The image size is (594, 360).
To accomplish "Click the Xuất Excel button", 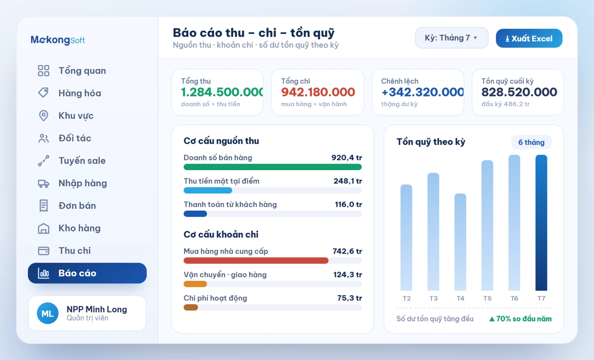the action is coord(529,38).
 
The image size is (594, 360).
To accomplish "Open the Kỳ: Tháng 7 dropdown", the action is coord(451,38).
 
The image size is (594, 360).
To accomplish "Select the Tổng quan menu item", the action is coord(72,71).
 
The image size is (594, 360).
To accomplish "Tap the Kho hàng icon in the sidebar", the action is coord(44,228).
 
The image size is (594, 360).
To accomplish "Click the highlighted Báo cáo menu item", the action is coord(87,273).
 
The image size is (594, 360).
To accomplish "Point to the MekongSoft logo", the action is coord(58,40).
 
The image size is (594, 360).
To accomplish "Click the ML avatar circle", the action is coord(48,313).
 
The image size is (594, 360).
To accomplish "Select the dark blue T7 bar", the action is coord(541,223).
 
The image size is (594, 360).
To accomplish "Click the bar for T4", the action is coord(460,242).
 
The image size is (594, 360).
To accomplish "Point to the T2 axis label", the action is coord(407,298).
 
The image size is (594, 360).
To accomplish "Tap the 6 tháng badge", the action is coord(531,142).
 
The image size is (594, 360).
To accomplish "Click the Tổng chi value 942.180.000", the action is coord(318,92).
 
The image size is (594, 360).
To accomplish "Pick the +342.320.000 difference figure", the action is coord(423,92).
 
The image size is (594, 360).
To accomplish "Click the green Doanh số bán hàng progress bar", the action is coord(273,167).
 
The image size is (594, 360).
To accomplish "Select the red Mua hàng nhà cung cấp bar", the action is coord(256,260).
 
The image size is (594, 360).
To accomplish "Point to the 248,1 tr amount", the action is coord(348,181).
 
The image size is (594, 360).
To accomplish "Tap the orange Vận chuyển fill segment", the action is coord(195,284).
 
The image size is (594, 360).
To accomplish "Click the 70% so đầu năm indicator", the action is coord(520,319).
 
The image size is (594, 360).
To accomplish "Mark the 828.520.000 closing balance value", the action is coord(519,92).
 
